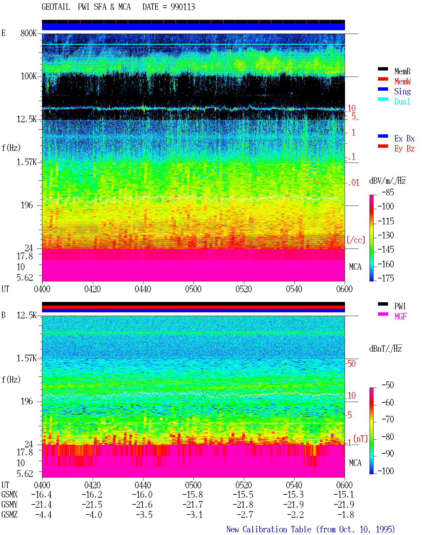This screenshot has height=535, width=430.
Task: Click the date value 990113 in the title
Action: [183, 7]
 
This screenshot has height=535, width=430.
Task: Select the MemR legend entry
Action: [402, 71]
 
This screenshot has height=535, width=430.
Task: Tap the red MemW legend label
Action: [402, 81]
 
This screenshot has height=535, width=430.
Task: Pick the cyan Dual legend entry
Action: [402, 101]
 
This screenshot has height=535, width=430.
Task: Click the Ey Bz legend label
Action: [404, 148]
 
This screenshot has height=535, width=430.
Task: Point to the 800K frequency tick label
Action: [29, 33]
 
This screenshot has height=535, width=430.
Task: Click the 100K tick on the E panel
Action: [29, 76]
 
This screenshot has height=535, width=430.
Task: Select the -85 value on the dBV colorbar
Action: [388, 192]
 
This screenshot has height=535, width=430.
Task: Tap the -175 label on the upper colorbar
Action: [386, 278]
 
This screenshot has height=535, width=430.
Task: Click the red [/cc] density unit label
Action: [356, 240]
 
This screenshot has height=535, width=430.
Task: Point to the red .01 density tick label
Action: [353, 183]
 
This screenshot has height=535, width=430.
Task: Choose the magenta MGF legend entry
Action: [400, 316]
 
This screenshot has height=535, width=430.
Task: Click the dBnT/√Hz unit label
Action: [385, 349]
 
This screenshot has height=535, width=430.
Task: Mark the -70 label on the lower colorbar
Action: [388, 419]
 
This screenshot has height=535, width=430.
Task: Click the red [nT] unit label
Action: [360, 439]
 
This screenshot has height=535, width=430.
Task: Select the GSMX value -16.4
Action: [42, 494]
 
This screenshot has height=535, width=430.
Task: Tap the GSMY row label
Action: [9, 504]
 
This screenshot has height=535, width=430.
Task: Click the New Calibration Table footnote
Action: [310, 529]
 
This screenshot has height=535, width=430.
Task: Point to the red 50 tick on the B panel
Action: [351, 363]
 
